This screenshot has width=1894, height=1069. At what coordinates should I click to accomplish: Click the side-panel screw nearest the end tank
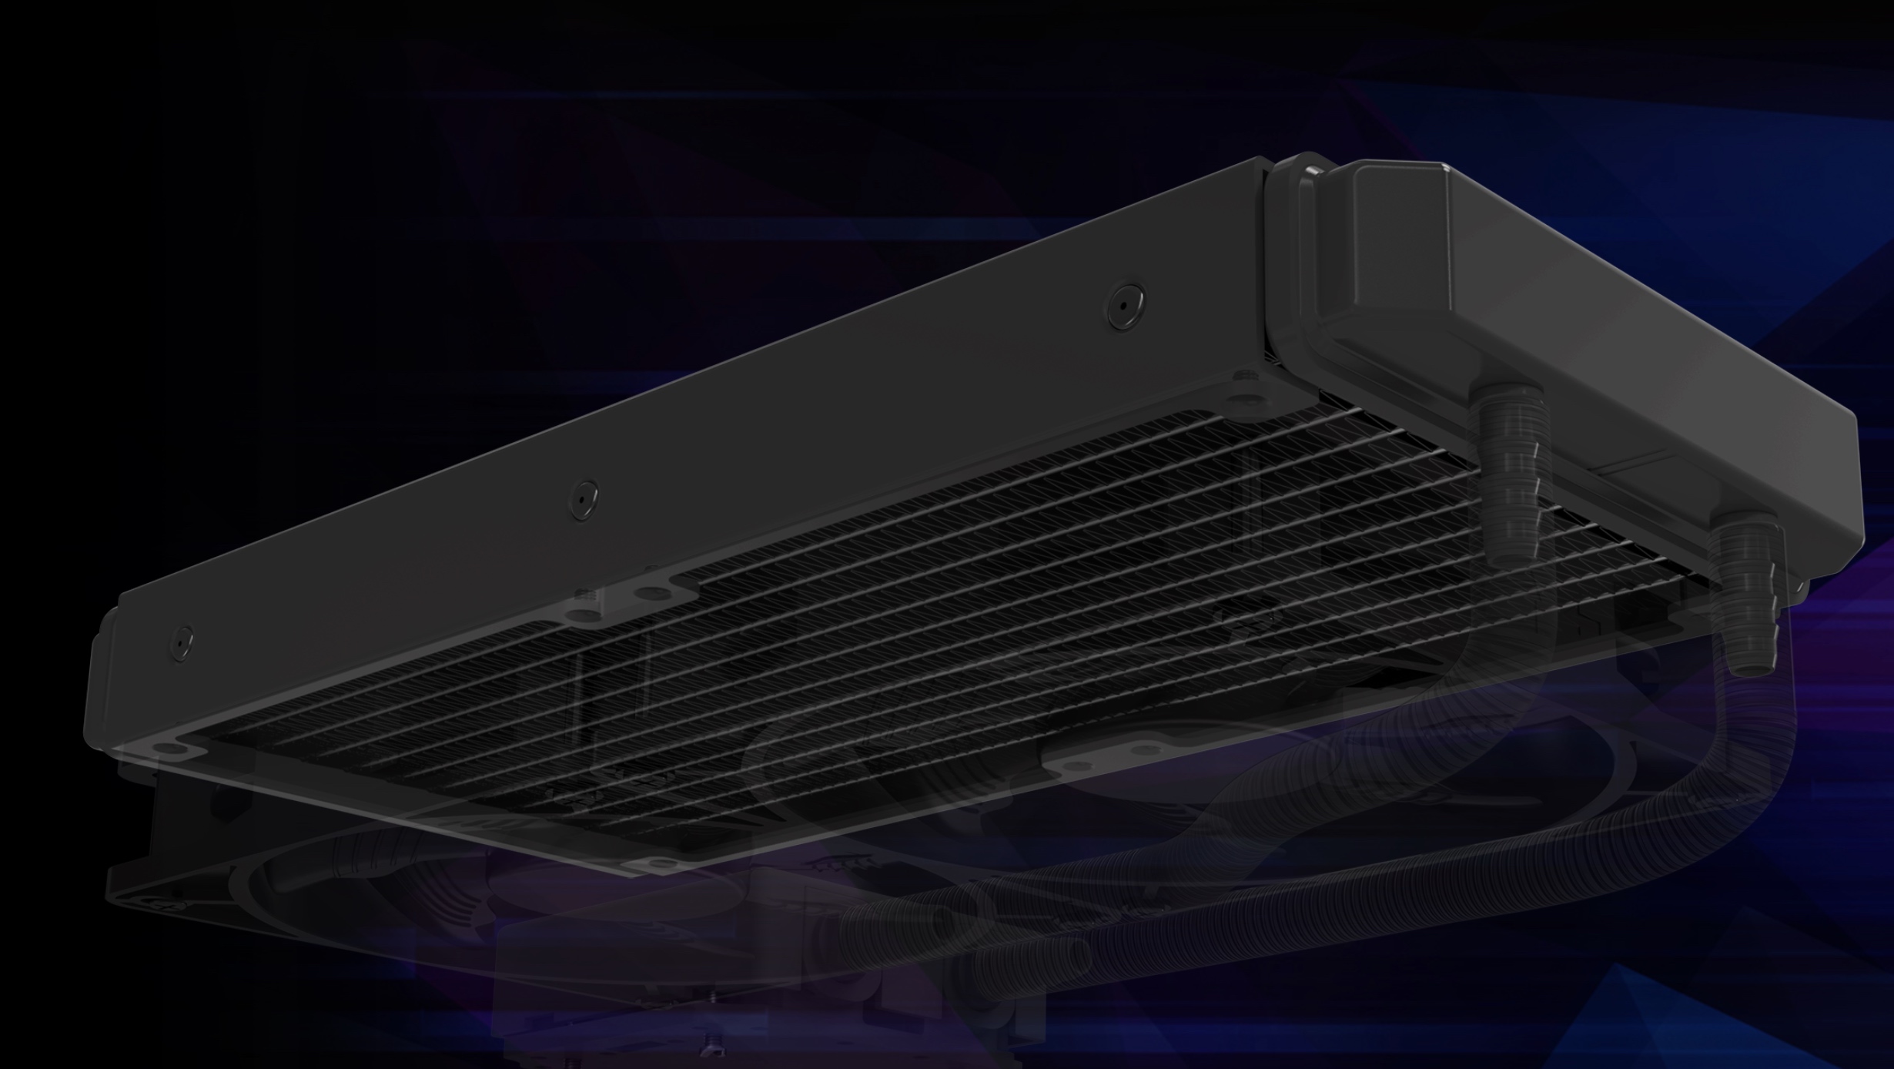[1123, 303]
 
